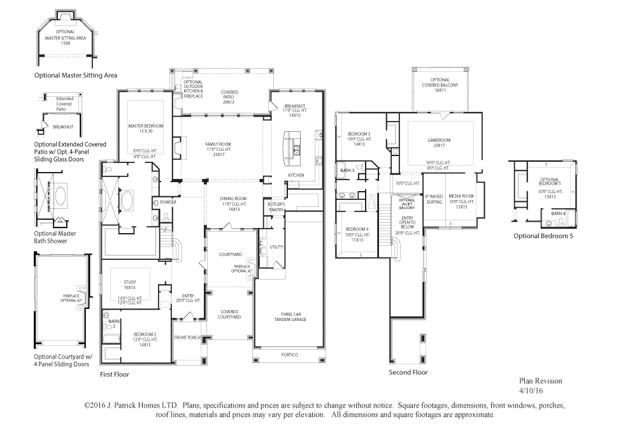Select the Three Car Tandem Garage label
point(290,317)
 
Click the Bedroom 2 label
point(145,334)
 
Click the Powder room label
point(168,202)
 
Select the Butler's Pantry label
point(276,206)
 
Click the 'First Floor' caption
point(115,374)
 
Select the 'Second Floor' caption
point(408,373)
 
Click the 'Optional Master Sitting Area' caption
point(76,75)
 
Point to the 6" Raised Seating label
point(434,199)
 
